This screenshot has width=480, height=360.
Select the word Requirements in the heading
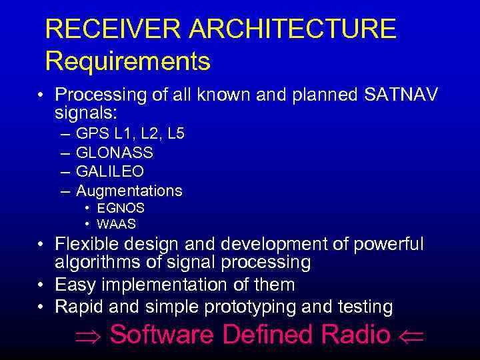coord(128,61)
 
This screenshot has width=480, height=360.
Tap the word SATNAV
coord(401,95)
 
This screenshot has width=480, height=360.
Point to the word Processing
coord(101,95)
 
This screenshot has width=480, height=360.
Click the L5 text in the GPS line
coord(176,134)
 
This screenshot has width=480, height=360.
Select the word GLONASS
coord(115,153)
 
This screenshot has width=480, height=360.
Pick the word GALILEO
coord(110,171)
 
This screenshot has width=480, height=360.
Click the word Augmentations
coord(129,191)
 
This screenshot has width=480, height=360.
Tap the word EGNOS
coord(121,209)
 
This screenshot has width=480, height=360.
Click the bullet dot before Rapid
coord(42,307)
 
